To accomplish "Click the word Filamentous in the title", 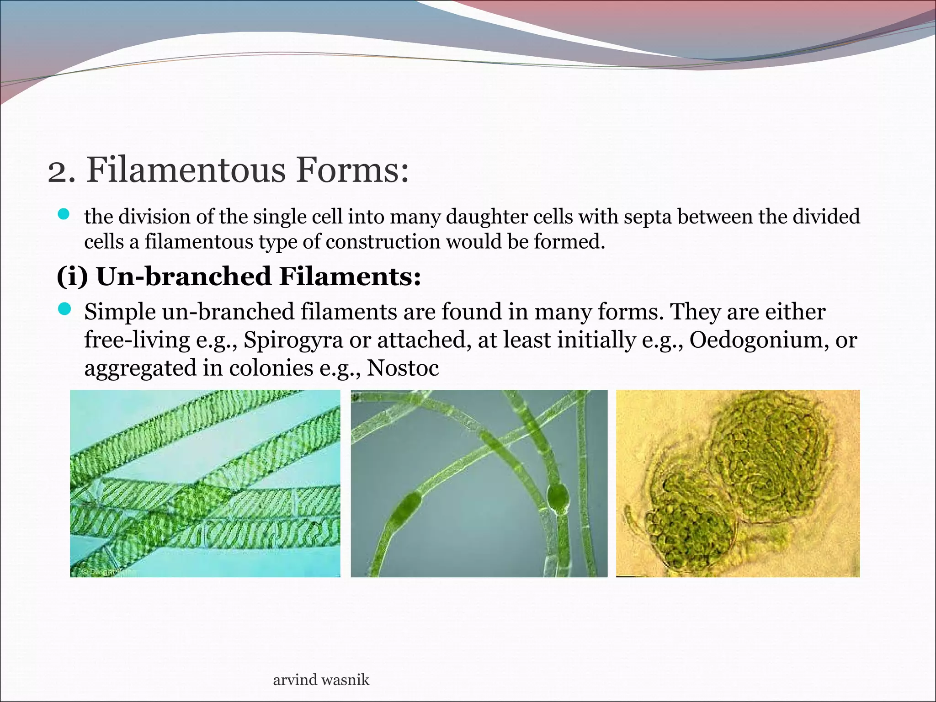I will pos(186,170).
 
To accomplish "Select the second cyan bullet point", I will pos(64,309).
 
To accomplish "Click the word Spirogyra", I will pos(293,340).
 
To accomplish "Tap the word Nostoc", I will pos(403,368).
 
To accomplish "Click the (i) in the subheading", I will pos(72,277).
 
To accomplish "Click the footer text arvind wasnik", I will pos(321,680).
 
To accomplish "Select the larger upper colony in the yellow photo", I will pos(768,457).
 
